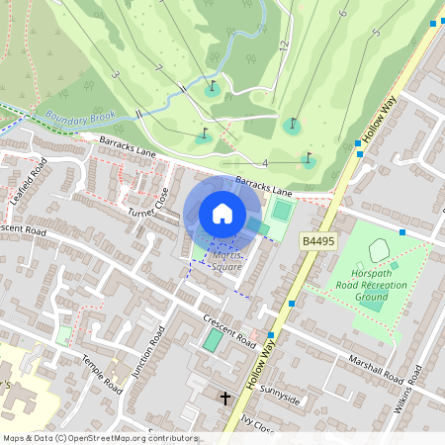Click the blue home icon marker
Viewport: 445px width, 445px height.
tap(222, 214)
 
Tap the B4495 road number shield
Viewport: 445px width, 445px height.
tap(317, 241)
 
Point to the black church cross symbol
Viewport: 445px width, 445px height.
tap(225, 399)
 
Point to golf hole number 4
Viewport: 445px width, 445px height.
tap(265, 162)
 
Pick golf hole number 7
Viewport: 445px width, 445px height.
tap(158, 68)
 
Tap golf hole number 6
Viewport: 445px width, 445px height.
tap(343, 14)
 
